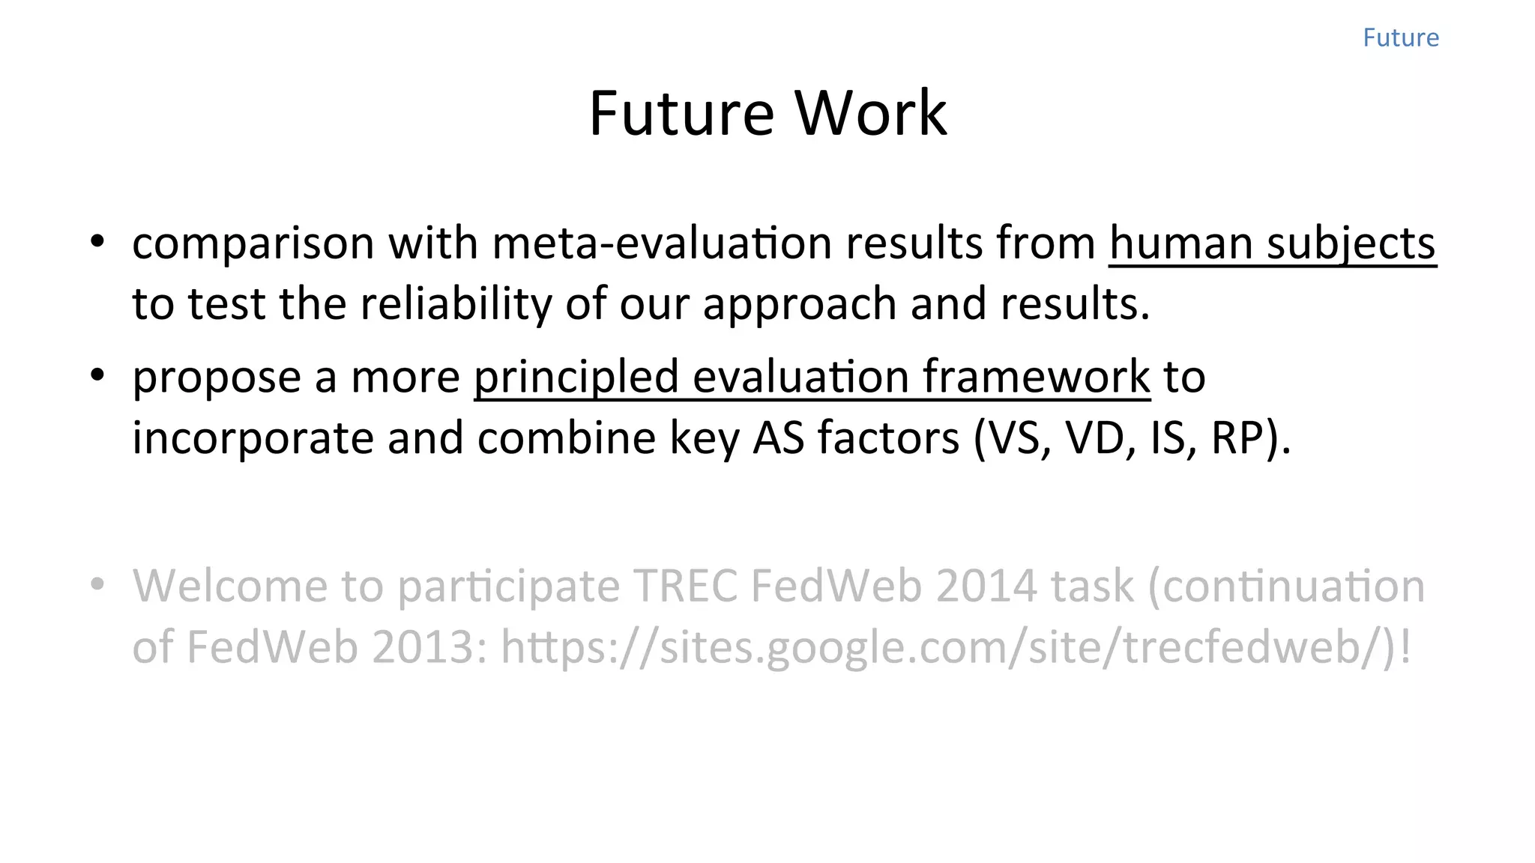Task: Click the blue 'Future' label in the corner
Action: [1400, 37]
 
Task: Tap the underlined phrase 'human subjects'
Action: [1272, 243]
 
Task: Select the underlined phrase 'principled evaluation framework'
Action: [812, 377]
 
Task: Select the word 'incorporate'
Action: [253, 438]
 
